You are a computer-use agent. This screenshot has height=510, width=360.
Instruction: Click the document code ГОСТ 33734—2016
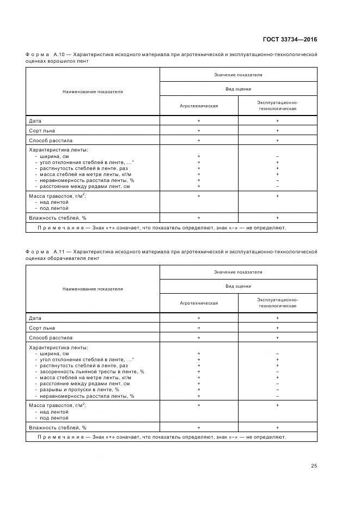(290, 39)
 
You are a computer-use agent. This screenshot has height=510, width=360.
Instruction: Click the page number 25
(314, 465)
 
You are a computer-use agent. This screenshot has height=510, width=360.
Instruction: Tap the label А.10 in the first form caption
(59, 54)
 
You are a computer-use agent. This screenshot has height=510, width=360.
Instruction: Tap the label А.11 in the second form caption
(59, 252)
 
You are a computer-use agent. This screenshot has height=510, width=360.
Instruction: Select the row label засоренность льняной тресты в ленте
(90, 372)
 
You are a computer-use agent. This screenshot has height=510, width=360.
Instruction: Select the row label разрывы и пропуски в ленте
(77, 390)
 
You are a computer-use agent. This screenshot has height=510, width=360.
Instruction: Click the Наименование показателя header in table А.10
(93, 92)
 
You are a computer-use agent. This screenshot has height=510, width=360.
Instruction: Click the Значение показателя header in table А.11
(237, 272)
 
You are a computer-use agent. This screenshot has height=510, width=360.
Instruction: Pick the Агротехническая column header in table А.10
(199, 106)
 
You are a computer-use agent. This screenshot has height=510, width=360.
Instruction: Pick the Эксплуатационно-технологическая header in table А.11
(277, 302)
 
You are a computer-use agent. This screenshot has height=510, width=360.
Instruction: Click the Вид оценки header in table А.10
(238, 89)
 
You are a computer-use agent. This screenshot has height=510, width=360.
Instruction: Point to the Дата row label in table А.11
(35, 318)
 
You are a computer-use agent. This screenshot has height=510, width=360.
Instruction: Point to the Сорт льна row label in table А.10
(41, 131)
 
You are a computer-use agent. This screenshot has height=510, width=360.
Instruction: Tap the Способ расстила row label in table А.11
(50, 337)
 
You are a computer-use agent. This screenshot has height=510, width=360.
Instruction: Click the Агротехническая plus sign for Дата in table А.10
(199, 121)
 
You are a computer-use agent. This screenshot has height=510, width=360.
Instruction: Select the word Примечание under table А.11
(60, 437)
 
